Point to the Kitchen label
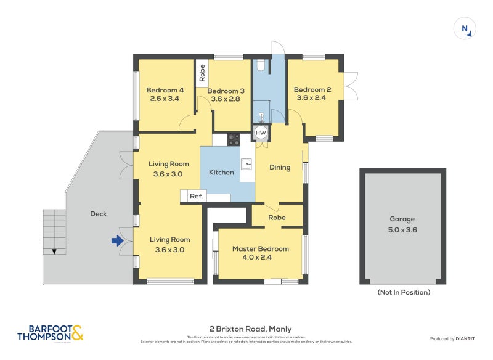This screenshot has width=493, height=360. (x=221, y=172)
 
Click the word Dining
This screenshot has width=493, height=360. (x=279, y=167)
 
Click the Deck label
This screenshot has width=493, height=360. (x=98, y=214)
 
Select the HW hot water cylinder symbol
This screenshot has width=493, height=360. (x=261, y=133)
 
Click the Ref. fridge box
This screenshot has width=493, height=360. (x=197, y=196)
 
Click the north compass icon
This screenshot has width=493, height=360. (x=465, y=29)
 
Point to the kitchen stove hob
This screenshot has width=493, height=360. (x=234, y=139)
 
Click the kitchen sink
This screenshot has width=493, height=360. (x=246, y=164)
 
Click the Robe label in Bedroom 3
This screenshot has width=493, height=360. (x=202, y=74)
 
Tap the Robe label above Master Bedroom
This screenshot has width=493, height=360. (x=277, y=218)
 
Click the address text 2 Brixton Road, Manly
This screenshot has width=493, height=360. (x=250, y=329)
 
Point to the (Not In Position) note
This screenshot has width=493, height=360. (x=404, y=292)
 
